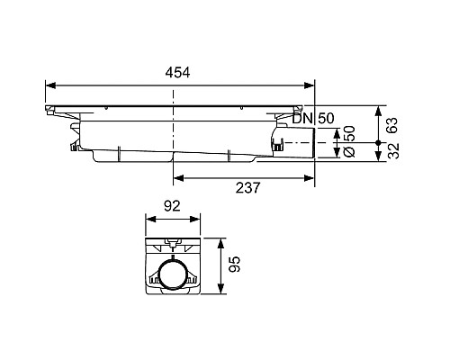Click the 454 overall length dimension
click(x=179, y=73)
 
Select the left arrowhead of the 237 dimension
click(x=177, y=175)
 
